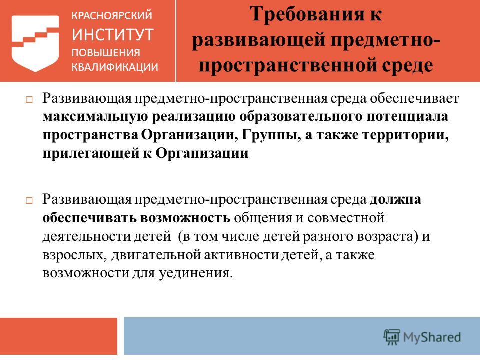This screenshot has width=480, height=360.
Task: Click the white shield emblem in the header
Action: click(35, 44)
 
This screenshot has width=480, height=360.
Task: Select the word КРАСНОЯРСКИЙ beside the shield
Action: click(112, 15)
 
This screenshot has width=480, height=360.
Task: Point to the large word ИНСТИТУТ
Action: click(112, 34)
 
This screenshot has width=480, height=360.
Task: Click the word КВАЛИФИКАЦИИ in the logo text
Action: click(115, 67)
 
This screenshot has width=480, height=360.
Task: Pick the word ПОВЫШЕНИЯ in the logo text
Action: click(106, 52)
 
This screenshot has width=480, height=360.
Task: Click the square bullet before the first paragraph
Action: click(29, 100)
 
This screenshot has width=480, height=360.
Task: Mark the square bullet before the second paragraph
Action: click(29, 201)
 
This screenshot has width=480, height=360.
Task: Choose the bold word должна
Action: click(395, 200)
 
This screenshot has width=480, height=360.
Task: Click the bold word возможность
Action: click(185, 218)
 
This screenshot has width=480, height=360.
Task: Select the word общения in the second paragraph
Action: click(263, 218)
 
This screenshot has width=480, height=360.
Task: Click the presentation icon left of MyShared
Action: click(392, 337)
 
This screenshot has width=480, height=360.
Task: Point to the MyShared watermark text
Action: click(432, 337)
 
